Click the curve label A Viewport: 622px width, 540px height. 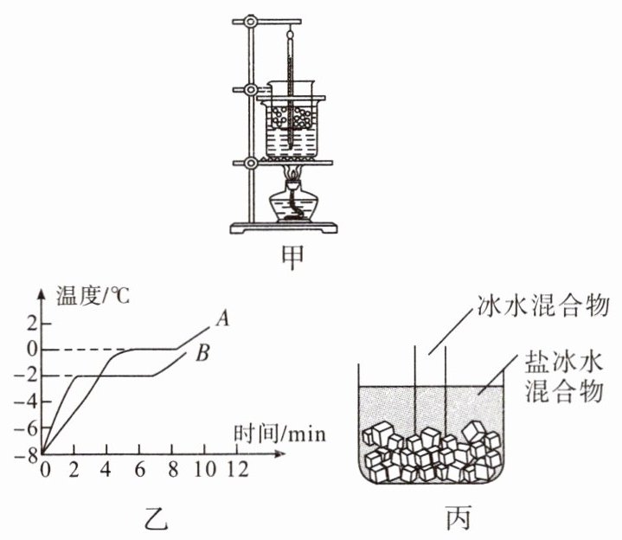click(221, 319)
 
